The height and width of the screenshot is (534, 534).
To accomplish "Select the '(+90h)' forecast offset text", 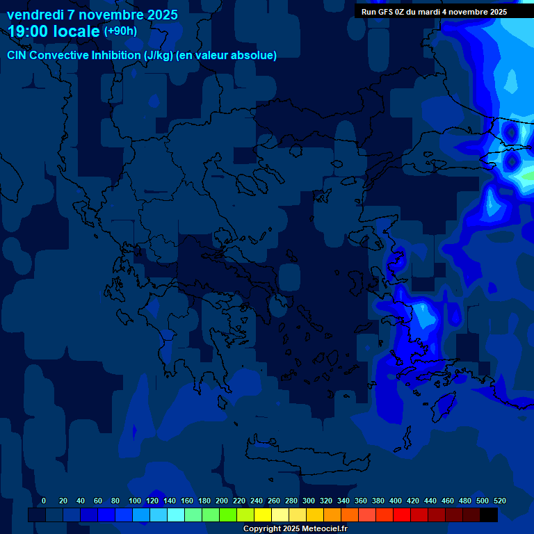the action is [x=120, y=31].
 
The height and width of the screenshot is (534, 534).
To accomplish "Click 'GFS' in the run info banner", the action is [x=383, y=12].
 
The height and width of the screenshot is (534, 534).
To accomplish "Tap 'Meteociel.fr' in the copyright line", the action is [x=324, y=528].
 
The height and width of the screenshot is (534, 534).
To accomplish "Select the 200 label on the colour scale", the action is [x=222, y=501].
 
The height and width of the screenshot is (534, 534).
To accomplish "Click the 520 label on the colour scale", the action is [x=499, y=501].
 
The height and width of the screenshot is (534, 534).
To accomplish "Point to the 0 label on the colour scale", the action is [x=44, y=501].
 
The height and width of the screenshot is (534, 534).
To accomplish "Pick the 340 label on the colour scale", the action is [x=343, y=501].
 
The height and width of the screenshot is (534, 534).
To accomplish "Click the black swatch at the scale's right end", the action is [x=489, y=515].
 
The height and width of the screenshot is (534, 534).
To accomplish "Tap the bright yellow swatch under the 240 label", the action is [x=263, y=515].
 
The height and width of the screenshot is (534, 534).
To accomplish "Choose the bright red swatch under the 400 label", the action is [x=402, y=515].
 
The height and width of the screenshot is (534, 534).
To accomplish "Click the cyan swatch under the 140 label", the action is [x=176, y=515].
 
